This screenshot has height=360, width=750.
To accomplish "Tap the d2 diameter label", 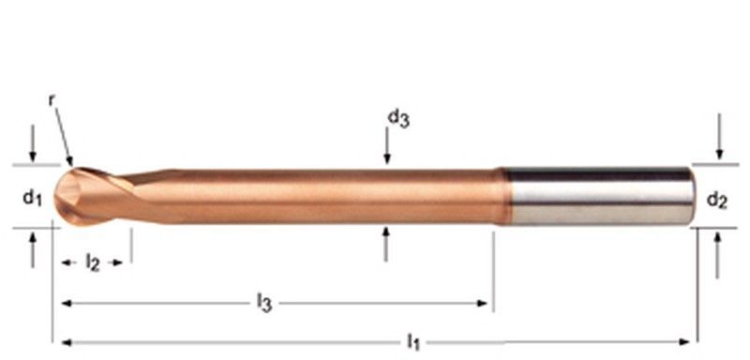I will point(717,199).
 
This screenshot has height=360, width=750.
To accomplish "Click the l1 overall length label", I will point(412,342).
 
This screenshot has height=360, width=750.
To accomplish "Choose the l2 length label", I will point(92,262).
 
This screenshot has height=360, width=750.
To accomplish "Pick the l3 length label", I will point(264,302).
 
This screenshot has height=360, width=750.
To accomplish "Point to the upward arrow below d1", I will point(33,249).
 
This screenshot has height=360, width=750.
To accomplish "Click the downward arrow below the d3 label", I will point(386,148).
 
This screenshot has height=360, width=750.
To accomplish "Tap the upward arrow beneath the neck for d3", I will point(386,243).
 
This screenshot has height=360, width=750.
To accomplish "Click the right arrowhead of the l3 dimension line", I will point(484,303).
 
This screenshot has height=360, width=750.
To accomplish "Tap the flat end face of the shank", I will point(691,196).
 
